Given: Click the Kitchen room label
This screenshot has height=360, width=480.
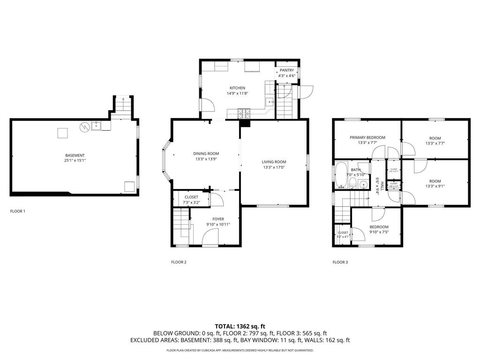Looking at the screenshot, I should tap(237, 88).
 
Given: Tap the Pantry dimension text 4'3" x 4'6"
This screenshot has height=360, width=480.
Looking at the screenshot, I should tap(286, 75).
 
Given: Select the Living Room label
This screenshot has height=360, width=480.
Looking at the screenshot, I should tap(274, 162).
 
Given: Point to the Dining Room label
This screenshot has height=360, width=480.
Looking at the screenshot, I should tap(206, 154).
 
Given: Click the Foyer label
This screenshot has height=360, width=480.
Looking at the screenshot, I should tap(218, 219).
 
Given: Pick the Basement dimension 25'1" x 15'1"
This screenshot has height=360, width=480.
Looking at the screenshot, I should tap(75, 160).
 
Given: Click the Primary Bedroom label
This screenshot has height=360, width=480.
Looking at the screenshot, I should tap(367, 137).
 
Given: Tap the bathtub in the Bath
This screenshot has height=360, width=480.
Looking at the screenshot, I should tap(341, 175).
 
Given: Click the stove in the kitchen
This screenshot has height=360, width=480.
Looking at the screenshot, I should tap(244, 112).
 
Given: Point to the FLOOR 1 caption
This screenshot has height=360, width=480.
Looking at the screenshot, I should tap(18, 211).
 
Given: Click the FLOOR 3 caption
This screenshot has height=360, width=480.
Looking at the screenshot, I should tap(340, 262).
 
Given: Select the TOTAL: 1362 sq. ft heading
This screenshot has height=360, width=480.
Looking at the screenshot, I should tap(240, 326).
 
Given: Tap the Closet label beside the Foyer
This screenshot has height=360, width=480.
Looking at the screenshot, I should tap(191, 197).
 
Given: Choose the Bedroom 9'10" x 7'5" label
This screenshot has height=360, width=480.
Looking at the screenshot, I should tap(379, 227).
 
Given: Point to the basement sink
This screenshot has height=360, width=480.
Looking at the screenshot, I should tap(96, 125).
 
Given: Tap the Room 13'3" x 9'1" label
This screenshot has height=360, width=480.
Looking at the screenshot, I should tap(435, 181).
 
